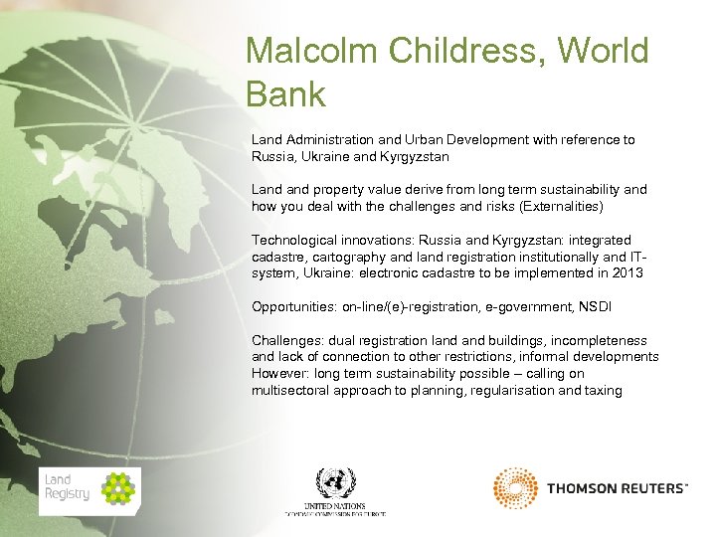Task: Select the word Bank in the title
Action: point(285,94)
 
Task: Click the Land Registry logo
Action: point(89,491)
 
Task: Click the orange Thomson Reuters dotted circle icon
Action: point(515,488)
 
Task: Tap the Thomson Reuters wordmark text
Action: point(617,488)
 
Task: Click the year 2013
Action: point(627,272)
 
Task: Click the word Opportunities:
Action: point(293,306)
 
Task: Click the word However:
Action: point(280,374)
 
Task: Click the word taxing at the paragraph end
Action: point(604,391)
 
